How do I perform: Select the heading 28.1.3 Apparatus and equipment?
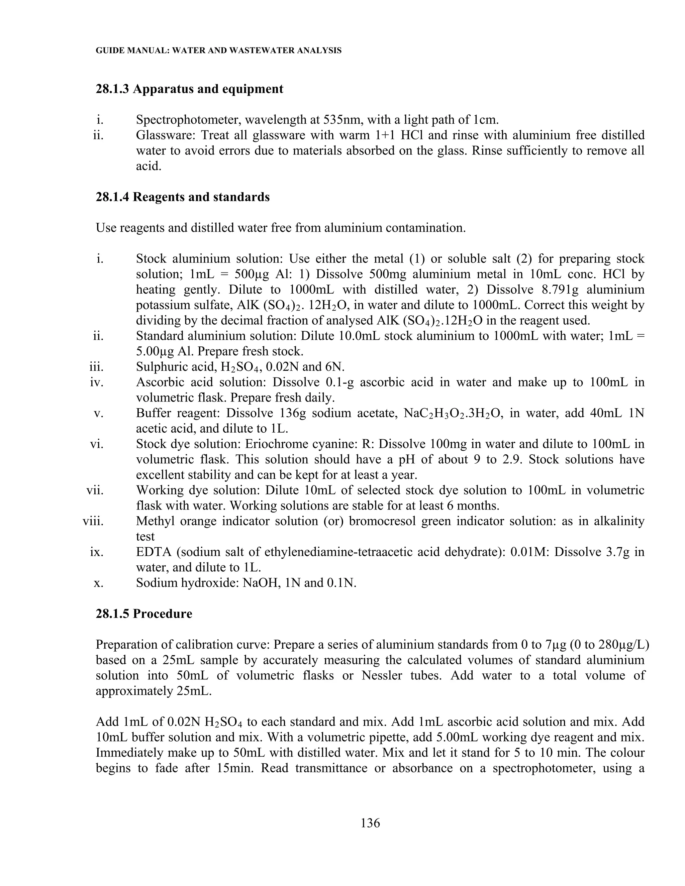[x=190, y=89]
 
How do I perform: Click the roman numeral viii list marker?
[x=93, y=521]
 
